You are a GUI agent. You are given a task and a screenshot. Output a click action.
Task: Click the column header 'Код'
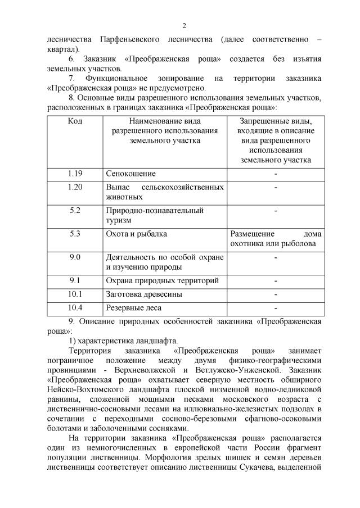[75, 120]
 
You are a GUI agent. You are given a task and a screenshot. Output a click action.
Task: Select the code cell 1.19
[75, 173]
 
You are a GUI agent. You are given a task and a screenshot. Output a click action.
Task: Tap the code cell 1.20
[75, 187]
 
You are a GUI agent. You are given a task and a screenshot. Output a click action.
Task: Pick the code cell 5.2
[75, 210]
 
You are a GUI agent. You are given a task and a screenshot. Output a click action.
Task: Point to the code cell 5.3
[75, 233]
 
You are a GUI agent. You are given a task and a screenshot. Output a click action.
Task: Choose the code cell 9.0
[75, 257]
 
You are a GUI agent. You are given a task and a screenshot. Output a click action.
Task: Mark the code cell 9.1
[75, 280]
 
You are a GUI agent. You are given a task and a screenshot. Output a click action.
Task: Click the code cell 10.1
[75, 293]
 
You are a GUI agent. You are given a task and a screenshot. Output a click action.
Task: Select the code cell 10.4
[75, 307]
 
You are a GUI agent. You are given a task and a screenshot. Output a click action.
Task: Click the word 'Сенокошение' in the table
[131, 174]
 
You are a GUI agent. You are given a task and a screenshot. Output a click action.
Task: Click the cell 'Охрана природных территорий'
[163, 280]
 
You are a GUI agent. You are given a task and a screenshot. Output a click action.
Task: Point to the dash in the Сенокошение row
[276, 174]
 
